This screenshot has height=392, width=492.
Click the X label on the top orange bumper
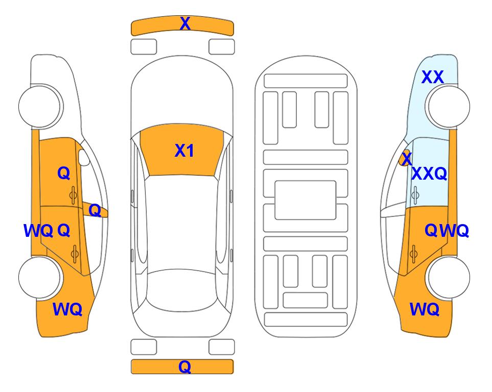(185, 23)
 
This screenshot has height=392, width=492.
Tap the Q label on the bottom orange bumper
(185, 366)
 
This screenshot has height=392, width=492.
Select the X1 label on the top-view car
(184, 151)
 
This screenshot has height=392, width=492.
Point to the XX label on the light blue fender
(432, 77)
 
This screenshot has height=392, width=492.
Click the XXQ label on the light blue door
(429, 174)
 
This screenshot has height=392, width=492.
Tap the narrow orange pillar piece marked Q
(95, 210)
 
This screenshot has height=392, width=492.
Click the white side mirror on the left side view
(84, 157)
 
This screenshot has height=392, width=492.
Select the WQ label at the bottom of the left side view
(67, 309)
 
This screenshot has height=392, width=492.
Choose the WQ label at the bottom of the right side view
(424, 309)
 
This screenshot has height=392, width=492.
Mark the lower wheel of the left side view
(40, 277)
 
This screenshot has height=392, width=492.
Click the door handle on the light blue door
(415, 195)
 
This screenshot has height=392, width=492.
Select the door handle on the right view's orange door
(413, 253)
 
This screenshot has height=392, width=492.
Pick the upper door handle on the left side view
(73, 195)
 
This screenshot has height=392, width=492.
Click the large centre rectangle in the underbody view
(306, 200)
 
